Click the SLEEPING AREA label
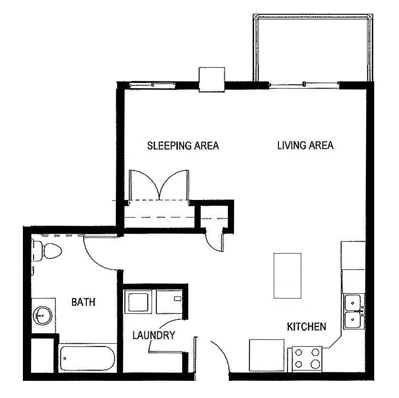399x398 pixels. (x=183, y=146)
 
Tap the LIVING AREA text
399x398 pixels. (x=305, y=146)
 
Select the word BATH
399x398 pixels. (x=83, y=302)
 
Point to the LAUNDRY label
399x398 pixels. (x=153, y=336)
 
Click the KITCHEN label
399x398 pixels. (x=306, y=327)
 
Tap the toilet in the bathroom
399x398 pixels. (x=48, y=250)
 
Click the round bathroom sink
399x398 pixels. (x=42, y=315)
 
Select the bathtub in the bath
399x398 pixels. (x=87, y=359)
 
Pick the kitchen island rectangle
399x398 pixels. (x=287, y=276)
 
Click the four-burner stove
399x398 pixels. (x=307, y=358)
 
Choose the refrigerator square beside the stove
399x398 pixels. (x=267, y=354)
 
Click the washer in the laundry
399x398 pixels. (x=139, y=301)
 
